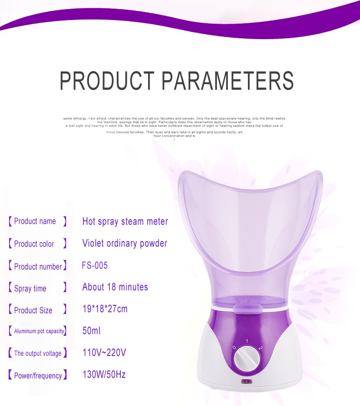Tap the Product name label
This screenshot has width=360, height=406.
pyautogui.click(x=35, y=221)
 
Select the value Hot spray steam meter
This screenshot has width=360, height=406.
pyautogui.click(x=125, y=221)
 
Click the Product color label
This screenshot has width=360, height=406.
pyautogui.click(x=34, y=244)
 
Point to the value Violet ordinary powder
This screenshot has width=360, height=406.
pyautogui.click(x=125, y=244)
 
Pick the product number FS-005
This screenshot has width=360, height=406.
pyautogui.click(x=95, y=266)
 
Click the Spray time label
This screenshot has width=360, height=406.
pyautogui.click(x=30, y=289)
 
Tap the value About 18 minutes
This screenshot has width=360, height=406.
pyautogui.click(x=115, y=287)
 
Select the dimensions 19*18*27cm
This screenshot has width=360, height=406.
pyautogui.click(x=105, y=309)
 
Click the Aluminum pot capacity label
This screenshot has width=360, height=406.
pyautogui.click(x=39, y=331)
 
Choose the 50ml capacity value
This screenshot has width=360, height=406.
pyautogui.click(x=92, y=331)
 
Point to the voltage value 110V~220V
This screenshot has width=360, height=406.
pyautogui.click(x=104, y=353)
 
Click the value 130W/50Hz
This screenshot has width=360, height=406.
pyautogui.click(x=104, y=375)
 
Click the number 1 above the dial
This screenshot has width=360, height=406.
pyautogui.click(x=247, y=341)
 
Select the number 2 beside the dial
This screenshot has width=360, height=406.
pyautogui.click(x=260, y=348)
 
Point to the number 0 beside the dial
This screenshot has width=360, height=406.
pyautogui.click(x=234, y=347)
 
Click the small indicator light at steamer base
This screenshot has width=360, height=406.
pyautogui.click(x=247, y=381)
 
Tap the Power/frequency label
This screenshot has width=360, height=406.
pyautogui.click(x=38, y=376)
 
